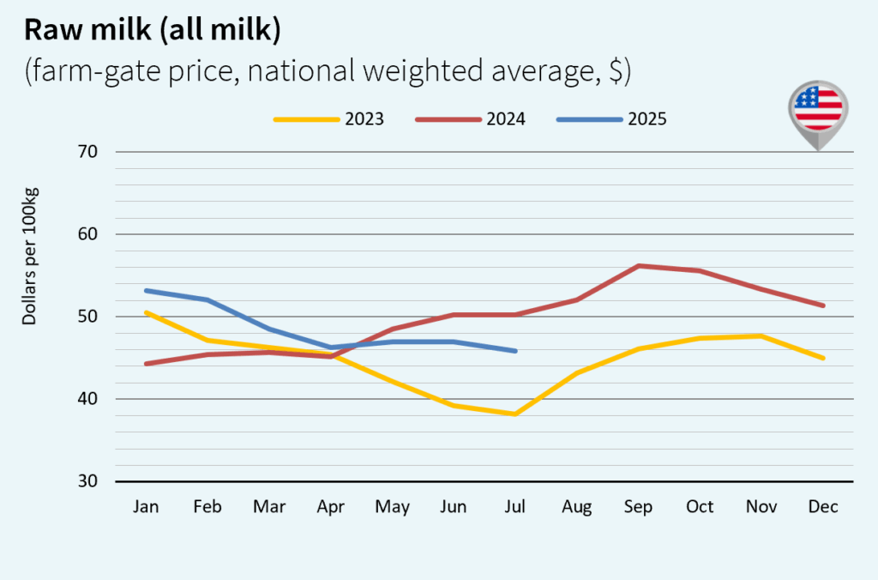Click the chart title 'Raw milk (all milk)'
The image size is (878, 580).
[x=153, y=30]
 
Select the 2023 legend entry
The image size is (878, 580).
[x=329, y=119]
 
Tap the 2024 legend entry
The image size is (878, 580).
[x=470, y=119]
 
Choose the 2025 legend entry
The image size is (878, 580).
[x=611, y=119]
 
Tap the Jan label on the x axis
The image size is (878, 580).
[x=146, y=507]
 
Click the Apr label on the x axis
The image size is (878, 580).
[x=331, y=507]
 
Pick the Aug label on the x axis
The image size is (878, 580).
[x=577, y=507]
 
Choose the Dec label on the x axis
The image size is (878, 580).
[x=823, y=507]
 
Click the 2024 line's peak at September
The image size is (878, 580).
[x=639, y=266]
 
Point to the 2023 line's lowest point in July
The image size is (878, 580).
[x=515, y=414]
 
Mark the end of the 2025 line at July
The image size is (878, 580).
[x=515, y=351]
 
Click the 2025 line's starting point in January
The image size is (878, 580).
[x=147, y=290]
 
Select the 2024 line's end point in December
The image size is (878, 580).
[x=823, y=305]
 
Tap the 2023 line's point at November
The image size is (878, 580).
[x=762, y=335]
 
